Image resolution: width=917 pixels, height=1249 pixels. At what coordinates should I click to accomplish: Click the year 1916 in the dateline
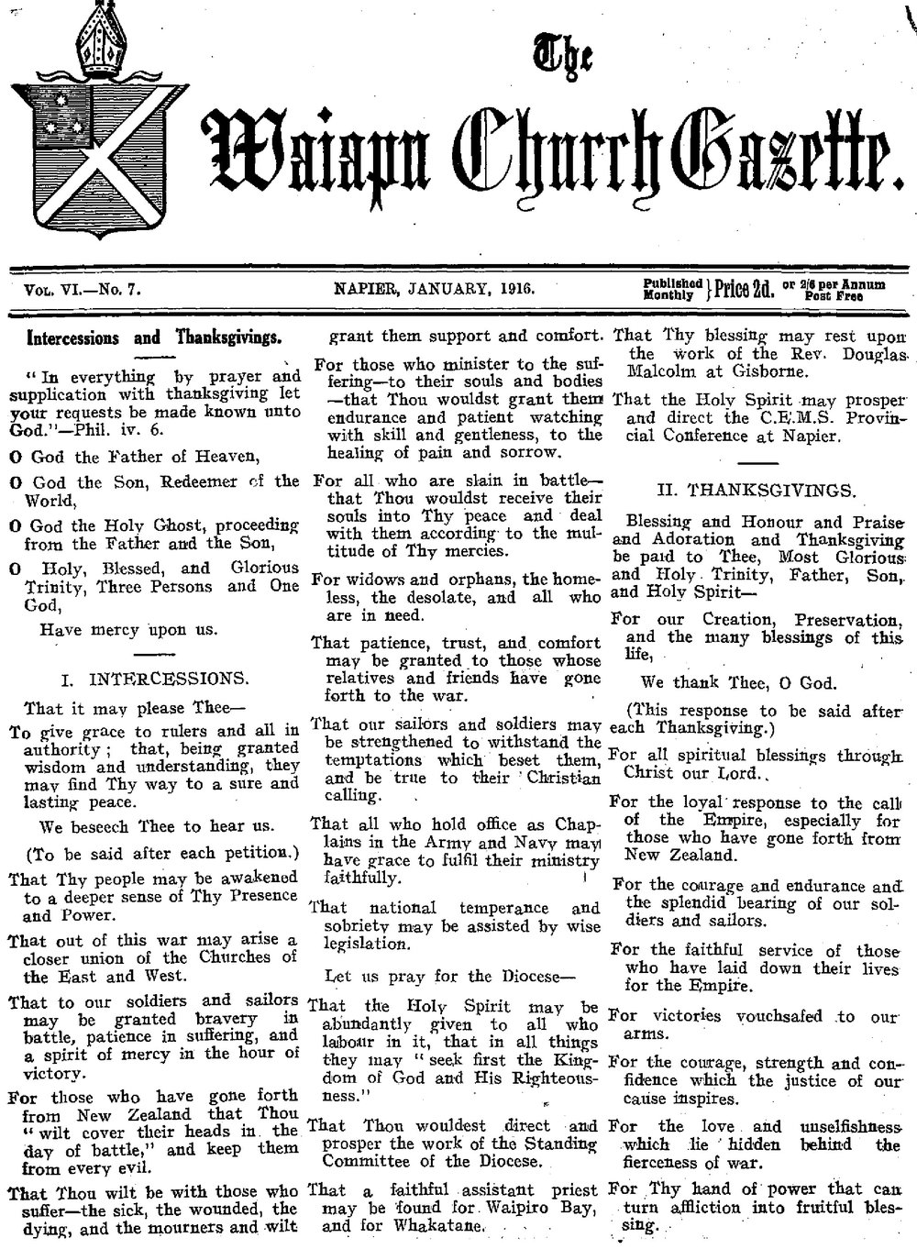point(517,290)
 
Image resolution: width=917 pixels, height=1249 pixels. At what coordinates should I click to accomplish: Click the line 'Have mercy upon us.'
point(128,629)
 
